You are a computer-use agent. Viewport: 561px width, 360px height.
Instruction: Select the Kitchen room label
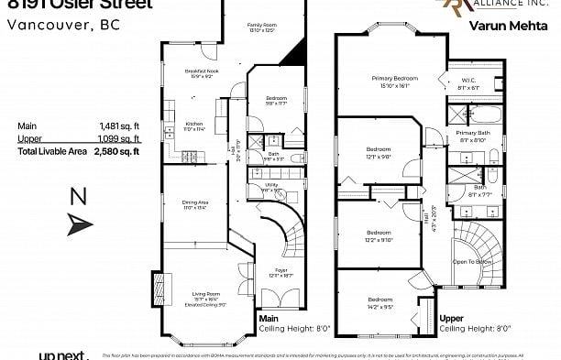[x=194, y=124]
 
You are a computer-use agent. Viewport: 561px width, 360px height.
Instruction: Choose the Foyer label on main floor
[x=282, y=270]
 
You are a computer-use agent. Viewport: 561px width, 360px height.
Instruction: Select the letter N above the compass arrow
[x=79, y=196]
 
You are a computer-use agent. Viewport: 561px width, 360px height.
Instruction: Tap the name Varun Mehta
[x=500, y=27]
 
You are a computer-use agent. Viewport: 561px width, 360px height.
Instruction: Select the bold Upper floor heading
[x=451, y=319]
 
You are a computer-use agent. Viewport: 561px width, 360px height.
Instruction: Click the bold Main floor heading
[x=269, y=319]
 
